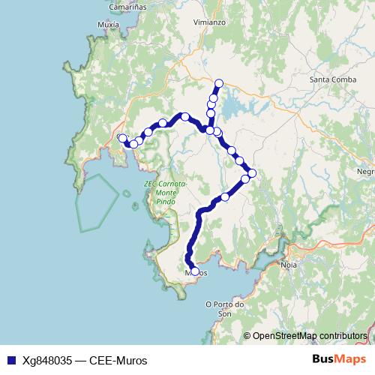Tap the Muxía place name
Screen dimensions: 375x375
(x=108, y=24)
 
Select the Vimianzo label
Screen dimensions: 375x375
(x=208, y=22)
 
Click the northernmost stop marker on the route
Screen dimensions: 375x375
(x=219, y=83)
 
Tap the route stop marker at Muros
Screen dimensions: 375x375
(x=195, y=271)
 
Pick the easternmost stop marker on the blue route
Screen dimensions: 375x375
(x=252, y=173)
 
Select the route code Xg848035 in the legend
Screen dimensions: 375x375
(x=46, y=360)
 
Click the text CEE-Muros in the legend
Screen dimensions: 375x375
(x=120, y=360)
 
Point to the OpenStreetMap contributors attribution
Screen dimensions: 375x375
(x=309, y=335)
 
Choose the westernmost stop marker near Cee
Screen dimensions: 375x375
(x=122, y=138)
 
